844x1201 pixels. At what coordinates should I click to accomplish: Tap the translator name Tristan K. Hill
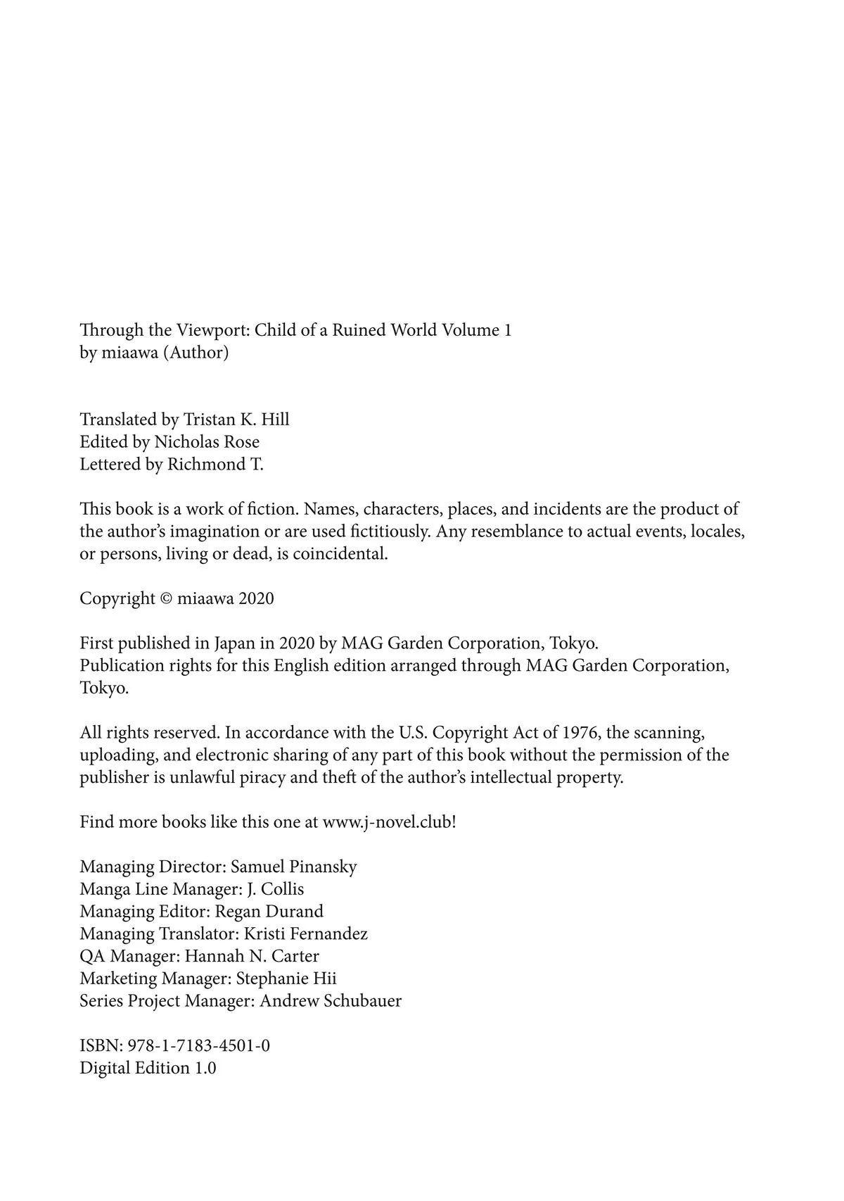pos(236,420)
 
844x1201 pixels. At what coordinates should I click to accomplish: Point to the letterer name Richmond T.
pos(215,465)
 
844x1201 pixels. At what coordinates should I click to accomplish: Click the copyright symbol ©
pos(167,599)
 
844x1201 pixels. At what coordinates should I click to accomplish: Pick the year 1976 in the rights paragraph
pos(581,733)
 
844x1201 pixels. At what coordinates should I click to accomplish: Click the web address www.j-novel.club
pos(387,822)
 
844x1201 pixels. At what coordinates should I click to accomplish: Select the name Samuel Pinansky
pos(293,867)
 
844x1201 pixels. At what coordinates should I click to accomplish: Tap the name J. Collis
pos(276,889)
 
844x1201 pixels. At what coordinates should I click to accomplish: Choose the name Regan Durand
pos(269,912)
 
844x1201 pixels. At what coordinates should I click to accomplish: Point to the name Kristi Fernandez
pos(305,934)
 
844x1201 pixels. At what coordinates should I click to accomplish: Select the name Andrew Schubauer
pos(331,1001)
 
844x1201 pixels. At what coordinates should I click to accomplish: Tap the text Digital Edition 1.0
pos(148,1069)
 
